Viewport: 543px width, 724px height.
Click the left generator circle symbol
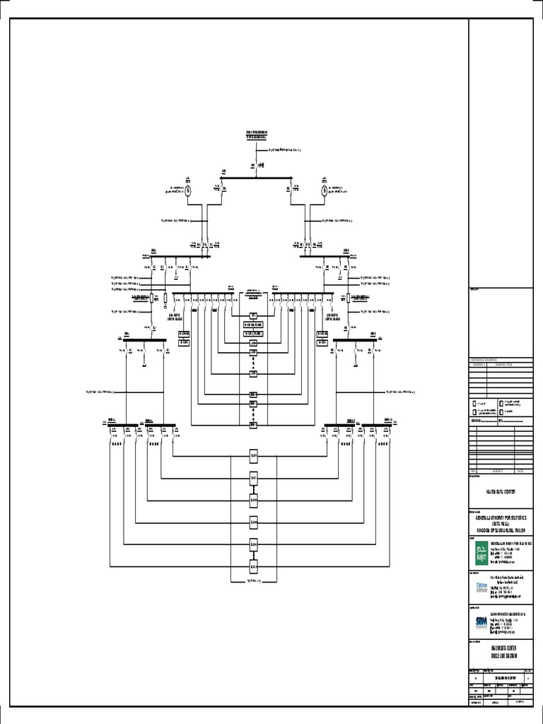point(189,189)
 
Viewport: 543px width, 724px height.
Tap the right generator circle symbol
point(325,189)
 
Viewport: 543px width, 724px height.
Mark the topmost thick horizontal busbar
point(256,177)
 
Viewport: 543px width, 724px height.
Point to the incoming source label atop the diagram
point(257,134)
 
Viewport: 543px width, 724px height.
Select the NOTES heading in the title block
point(474,290)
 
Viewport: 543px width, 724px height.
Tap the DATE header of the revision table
point(521,471)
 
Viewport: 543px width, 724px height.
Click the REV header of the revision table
point(474,471)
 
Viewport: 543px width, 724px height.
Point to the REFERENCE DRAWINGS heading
point(484,361)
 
